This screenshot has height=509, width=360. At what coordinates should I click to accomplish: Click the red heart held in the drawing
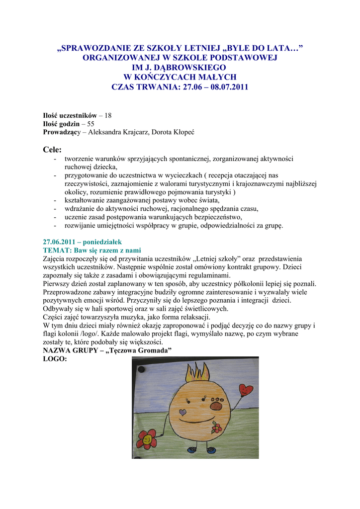pyautogui.click(x=246, y=390)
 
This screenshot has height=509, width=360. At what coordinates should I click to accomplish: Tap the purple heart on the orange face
pyautogui.click(x=182, y=412)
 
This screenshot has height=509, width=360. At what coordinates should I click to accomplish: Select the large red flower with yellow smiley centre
pyautogui.click(x=146, y=439)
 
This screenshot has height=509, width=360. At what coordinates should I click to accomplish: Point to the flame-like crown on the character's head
pyautogui.click(x=197, y=373)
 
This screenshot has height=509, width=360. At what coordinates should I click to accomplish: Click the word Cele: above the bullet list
pyautogui.click(x=53, y=149)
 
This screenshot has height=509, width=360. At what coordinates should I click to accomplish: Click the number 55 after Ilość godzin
pyautogui.click(x=90, y=124)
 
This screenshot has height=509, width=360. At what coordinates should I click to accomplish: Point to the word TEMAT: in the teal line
pyautogui.click(x=55, y=250)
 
